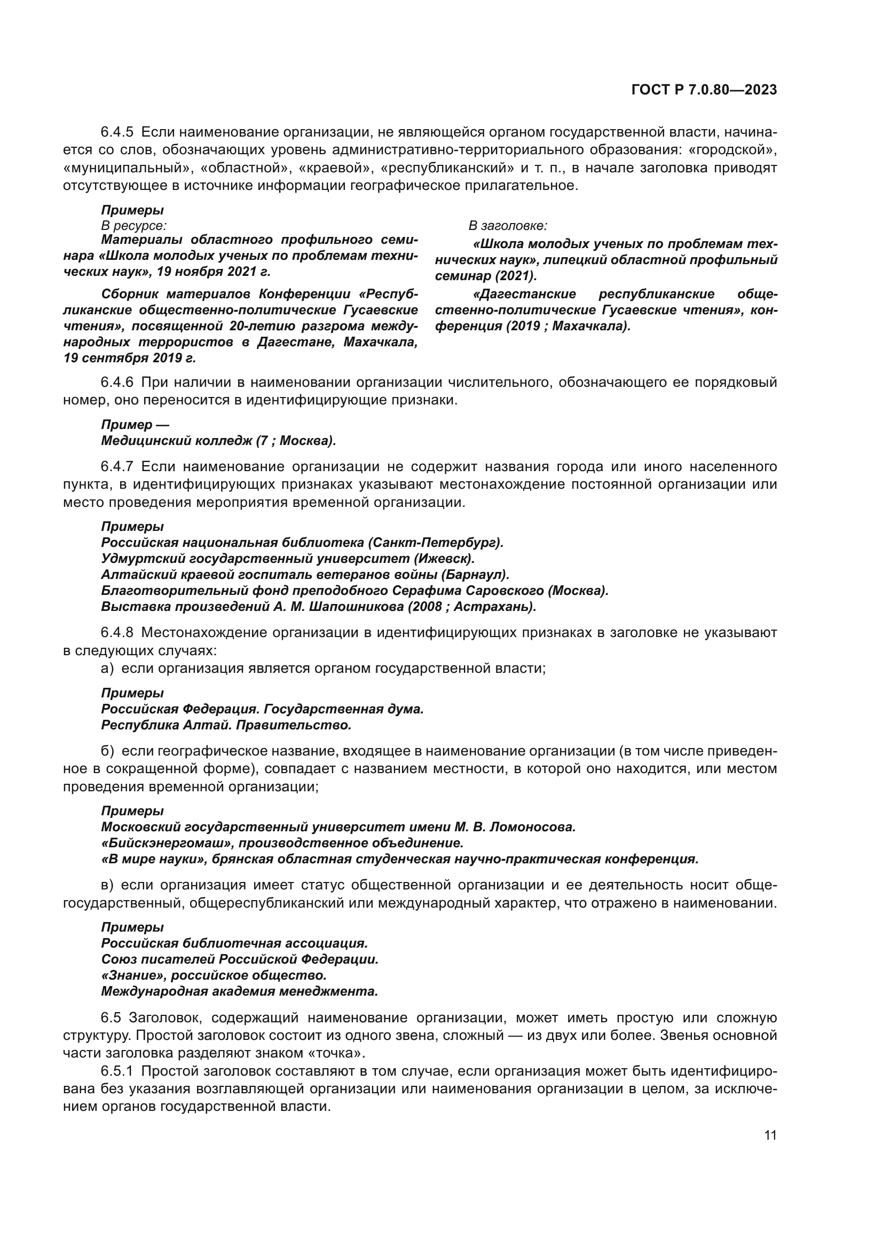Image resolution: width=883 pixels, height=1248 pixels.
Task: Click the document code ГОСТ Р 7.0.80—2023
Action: (x=704, y=90)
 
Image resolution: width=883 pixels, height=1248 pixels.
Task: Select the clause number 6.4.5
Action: (x=117, y=132)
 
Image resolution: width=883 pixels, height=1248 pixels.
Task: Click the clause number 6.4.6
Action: (x=117, y=383)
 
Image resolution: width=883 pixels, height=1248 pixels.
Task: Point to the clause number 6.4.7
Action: (x=117, y=466)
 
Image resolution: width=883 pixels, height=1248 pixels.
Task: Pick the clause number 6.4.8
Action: (x=117, y=633)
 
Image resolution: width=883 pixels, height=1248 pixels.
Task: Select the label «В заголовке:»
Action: (x=508, y=226)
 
